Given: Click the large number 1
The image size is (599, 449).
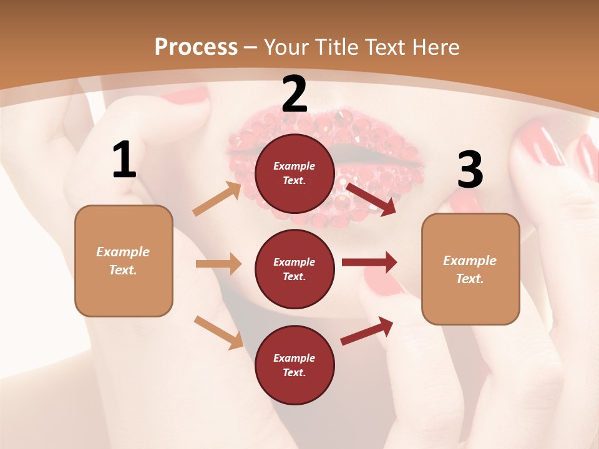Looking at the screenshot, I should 124,160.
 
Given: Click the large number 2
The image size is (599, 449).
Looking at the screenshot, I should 295,94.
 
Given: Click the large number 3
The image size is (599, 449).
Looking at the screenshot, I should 470,170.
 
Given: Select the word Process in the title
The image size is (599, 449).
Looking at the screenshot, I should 196,47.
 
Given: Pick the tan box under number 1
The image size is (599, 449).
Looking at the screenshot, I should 124,261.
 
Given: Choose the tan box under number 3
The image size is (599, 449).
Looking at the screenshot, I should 470,269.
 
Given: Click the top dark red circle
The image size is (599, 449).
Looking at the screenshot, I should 295,173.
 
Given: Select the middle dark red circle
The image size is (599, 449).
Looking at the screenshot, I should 295,269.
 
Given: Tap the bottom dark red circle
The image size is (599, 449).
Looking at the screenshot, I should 295,365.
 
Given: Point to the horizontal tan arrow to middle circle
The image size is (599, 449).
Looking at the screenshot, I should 218,264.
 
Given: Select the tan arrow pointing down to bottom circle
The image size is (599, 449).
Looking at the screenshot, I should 218,332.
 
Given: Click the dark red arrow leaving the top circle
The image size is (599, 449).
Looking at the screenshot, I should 371,199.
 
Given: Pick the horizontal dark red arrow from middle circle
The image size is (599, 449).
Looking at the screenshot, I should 369,263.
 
